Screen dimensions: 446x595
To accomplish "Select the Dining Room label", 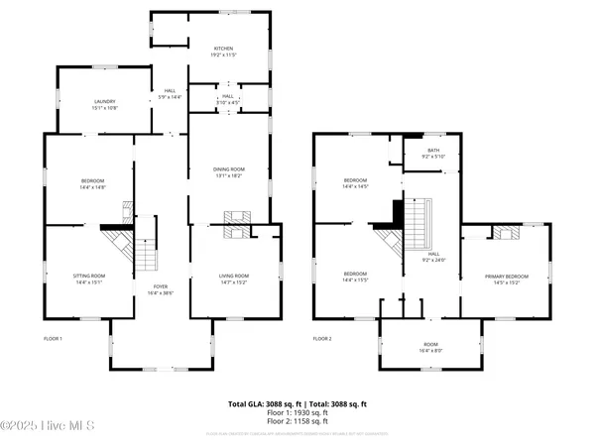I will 228,172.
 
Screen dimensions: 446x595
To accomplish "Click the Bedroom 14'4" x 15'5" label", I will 356,277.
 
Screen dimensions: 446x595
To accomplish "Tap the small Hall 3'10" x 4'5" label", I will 228,99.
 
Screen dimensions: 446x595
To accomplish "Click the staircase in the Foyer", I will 147,253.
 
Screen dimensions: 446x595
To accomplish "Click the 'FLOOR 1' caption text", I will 53,339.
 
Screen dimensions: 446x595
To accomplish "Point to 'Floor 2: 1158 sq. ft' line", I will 297,423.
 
